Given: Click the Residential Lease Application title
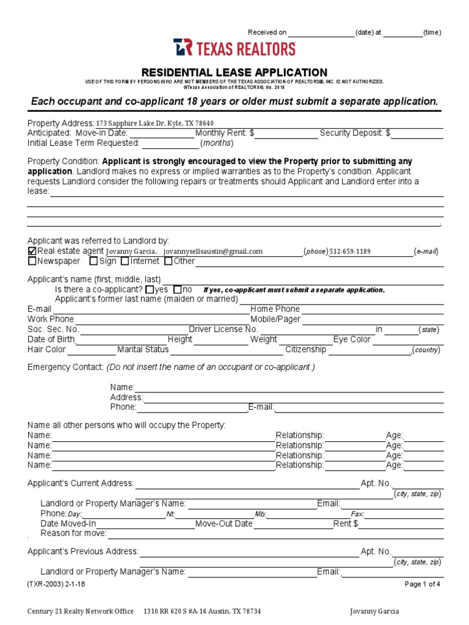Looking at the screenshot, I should pyautogui.click(x=234, y=72).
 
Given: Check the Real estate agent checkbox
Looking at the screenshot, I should pyautogui.click(x=32, y=251).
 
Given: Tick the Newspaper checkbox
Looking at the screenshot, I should pyautogui.click(x=32, y=261).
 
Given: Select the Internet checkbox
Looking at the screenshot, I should pyautogui.click(x=125, y=261).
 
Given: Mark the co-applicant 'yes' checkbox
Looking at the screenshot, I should pyautogui.click(x=150, y=289).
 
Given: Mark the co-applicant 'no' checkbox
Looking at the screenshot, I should pyautogui.click(x=178, y=289).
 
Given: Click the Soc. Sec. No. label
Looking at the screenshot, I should pyautogui.click(x=53, y=329).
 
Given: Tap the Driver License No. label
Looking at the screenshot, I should pyautogui.click(x=224, y=329).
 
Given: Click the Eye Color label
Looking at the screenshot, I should pyautogui.click(x=352, y=339).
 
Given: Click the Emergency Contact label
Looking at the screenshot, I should pyautogui.click(x=65, y=367).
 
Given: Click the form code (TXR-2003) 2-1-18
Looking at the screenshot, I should pyautogui.click(x=54, y=584).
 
